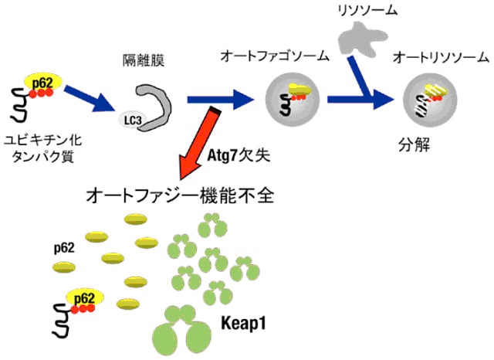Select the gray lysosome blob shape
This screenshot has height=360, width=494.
(362, 38)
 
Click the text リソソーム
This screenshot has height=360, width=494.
(367, 10)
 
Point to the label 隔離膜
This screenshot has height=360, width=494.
(144, 60)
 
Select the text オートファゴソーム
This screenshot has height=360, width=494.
(275, 56)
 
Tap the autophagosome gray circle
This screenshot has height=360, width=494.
(293, 100)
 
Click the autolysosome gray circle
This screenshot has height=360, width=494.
(430, 100)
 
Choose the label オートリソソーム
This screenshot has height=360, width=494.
(441, 58)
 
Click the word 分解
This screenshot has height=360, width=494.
(414, 145)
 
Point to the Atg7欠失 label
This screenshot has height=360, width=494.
(239, 155)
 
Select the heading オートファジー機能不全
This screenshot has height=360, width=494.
(180, 195)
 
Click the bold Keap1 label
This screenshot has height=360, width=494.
(243, 323)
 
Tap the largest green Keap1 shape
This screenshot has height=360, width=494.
(181, 332)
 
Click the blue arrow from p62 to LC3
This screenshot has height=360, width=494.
(90, 98)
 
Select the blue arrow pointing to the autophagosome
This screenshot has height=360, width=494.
(221, 100)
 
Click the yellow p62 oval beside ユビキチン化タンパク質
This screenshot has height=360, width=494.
(43, 82)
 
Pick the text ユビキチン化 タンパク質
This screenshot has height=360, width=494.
(42, 148)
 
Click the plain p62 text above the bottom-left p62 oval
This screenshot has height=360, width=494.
(64, 248)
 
